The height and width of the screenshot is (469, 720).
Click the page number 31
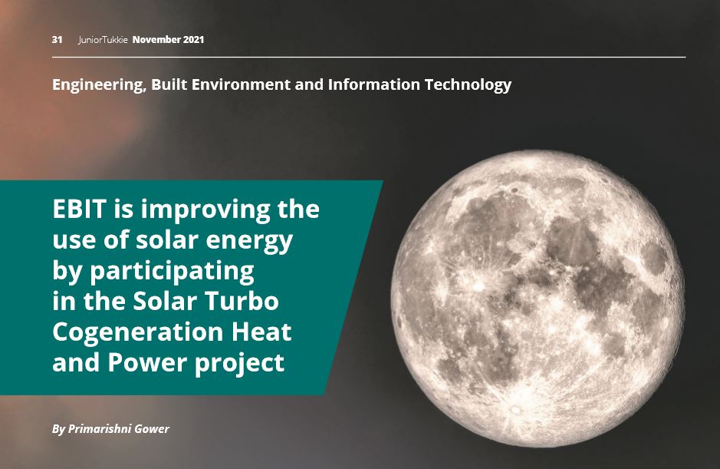click(57, 40)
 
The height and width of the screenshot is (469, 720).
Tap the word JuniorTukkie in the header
click(103, 40)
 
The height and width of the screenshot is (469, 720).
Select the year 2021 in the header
click(193, 40)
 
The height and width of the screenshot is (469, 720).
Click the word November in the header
click(156, 40)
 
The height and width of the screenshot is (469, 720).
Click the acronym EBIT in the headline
click(80, 210)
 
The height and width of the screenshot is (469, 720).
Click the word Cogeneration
click(138, 333)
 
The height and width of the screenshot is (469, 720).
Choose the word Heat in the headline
click(261, 332)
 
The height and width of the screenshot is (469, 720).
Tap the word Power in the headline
click(148, 362)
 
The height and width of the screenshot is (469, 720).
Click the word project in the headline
click(240, 364)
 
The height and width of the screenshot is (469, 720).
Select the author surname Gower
click(151, 429)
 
